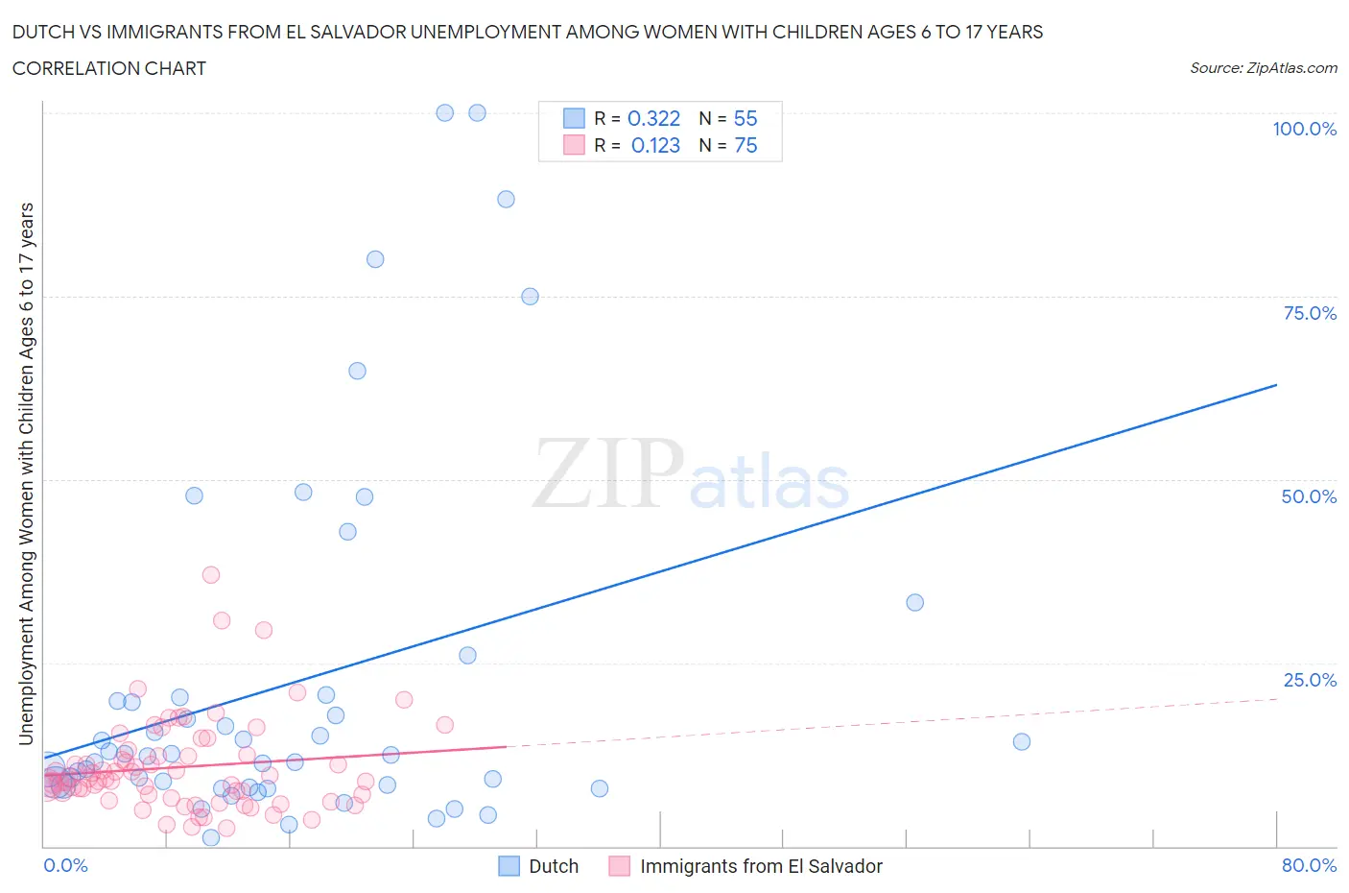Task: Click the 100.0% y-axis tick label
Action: pyautogui.click(x=1304, y=129)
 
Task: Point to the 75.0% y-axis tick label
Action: pyautogui.click(x=1309, y=313)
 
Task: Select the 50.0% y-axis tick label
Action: pyautogui.click(x=1309, y=496)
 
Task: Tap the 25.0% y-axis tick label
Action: pyautogui.click(x=1309, y=680)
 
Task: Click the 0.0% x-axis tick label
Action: pyautogui.click(x=65, y=865)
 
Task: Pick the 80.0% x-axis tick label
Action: pyautogui.click(x=1309, y=865)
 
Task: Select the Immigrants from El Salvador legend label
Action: pyautogui.click(x=760, y=866)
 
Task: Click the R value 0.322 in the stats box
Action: pyautogui.click(x=653, y=118)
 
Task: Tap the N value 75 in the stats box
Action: pyautogui.click(x=745, y=145)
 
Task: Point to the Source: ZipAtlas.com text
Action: pyautogui.click(x=1263, y=68)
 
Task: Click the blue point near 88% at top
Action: pyautogui.click(x=506, y=199)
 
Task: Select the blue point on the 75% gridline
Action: pyautogui.click(x=530, y=296)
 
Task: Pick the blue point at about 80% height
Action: pyautogui.click(x=375, y=259)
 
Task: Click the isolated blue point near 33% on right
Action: pyautogui.click(x=914, y=602)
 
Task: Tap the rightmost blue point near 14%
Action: pyautogui.click(x=1022, y=741)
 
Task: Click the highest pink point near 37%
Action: pyautogui.click(x=211, y=574)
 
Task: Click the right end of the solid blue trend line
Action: pyautogui.click(x=1276, y=385)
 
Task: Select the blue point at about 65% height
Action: pyautogui.click(x=357, y=371)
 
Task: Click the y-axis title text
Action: pyautogui.click(x=26, y=473)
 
